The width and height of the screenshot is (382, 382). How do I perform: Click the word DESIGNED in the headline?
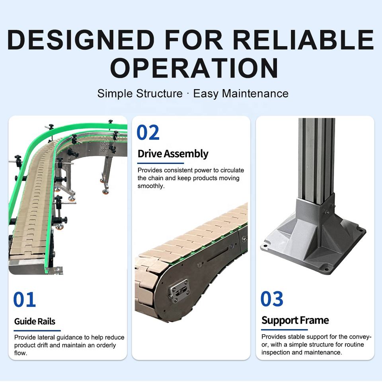(x=81, y=40)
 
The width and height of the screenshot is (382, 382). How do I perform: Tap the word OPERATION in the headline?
(x=195, y=68)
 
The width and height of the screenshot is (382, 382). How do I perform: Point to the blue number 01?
(x=24, y=299)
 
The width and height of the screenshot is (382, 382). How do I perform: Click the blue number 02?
(x=148, y=132)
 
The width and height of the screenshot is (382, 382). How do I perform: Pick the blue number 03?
(x=272, y=299)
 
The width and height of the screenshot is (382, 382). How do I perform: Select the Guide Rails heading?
(x=35, y=322)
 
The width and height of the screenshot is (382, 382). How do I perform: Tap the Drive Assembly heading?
(x=173, y=154)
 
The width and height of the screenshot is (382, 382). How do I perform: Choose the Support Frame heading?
(x=295, y=320)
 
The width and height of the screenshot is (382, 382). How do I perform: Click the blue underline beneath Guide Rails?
(x=37, y=331)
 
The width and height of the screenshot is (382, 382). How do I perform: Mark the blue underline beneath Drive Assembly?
(x=160, y=163)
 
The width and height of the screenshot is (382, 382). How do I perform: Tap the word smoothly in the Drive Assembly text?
(x=151, y=186)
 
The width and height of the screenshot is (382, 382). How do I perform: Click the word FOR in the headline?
(x=194, y=40)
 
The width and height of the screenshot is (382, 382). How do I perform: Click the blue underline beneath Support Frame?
(x=284, y=329)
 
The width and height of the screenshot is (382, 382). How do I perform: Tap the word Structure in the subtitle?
(x=159, y=94)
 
